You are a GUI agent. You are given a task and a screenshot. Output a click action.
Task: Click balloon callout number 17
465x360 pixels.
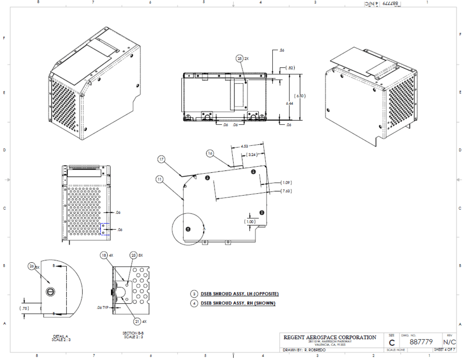[161, 159]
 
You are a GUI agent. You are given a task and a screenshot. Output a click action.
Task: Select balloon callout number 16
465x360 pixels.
[210, 153]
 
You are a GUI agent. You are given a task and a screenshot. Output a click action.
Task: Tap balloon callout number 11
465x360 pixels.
[160, 179]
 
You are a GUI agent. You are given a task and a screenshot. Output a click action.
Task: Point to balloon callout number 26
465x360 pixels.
[32, 266]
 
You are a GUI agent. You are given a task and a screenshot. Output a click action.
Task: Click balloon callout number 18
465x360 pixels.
[104, 255]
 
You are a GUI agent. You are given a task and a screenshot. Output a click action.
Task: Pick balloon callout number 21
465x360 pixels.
[137, 321]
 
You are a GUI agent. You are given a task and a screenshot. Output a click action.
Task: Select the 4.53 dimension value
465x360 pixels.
[244, 146]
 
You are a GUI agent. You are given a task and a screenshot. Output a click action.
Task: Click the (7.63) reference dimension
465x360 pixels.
[286, 191]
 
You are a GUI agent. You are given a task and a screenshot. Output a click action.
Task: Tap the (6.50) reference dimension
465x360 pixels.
[300, 96]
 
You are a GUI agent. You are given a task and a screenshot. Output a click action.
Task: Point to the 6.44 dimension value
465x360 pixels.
[290, 103]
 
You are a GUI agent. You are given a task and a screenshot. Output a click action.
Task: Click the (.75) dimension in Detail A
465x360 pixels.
[24, 308]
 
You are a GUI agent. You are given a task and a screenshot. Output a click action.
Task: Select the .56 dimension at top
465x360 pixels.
[282, 50]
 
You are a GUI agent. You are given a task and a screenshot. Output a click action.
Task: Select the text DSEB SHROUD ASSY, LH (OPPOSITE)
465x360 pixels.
[239, 294]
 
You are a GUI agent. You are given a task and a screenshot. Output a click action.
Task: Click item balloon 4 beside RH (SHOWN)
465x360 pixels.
[194, 303]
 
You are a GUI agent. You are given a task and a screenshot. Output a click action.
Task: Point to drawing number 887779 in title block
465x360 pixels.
[421, 342]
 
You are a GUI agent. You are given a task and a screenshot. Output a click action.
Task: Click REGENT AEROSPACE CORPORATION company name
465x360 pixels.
[330, 337]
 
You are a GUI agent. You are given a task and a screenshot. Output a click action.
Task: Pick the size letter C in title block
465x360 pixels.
[392, 342]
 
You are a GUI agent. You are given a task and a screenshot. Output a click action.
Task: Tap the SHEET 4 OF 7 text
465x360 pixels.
[444, 350]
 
